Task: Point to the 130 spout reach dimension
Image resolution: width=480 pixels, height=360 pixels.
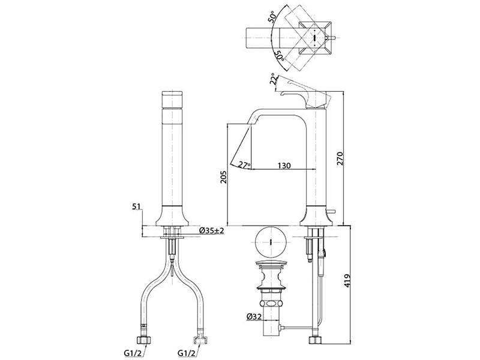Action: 284,165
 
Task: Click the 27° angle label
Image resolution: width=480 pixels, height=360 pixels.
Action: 244,164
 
